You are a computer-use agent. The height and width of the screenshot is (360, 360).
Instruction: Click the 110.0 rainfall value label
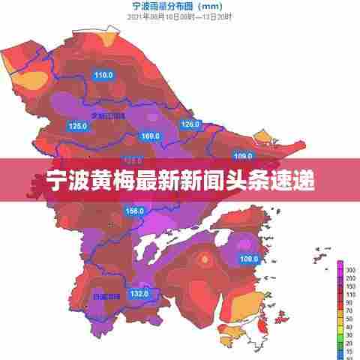point(103,75)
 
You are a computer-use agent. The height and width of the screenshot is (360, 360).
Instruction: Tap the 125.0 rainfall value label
point(78,126)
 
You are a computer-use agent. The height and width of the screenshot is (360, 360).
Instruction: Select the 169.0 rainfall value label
point(151,136)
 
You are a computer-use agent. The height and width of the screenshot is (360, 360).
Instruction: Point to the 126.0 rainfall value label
point(191,124)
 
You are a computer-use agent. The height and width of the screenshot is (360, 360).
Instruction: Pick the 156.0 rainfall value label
point(135,211)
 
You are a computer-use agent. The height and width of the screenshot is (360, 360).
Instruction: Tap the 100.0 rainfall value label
point(249,259)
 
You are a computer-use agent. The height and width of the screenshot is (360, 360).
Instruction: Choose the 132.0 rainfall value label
point(139,293)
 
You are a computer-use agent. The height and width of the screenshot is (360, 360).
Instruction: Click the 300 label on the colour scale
point(350,268)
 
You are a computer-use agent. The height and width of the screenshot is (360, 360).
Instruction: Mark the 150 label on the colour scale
point(350,285)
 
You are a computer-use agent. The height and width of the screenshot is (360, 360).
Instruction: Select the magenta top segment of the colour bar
point(340,265)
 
